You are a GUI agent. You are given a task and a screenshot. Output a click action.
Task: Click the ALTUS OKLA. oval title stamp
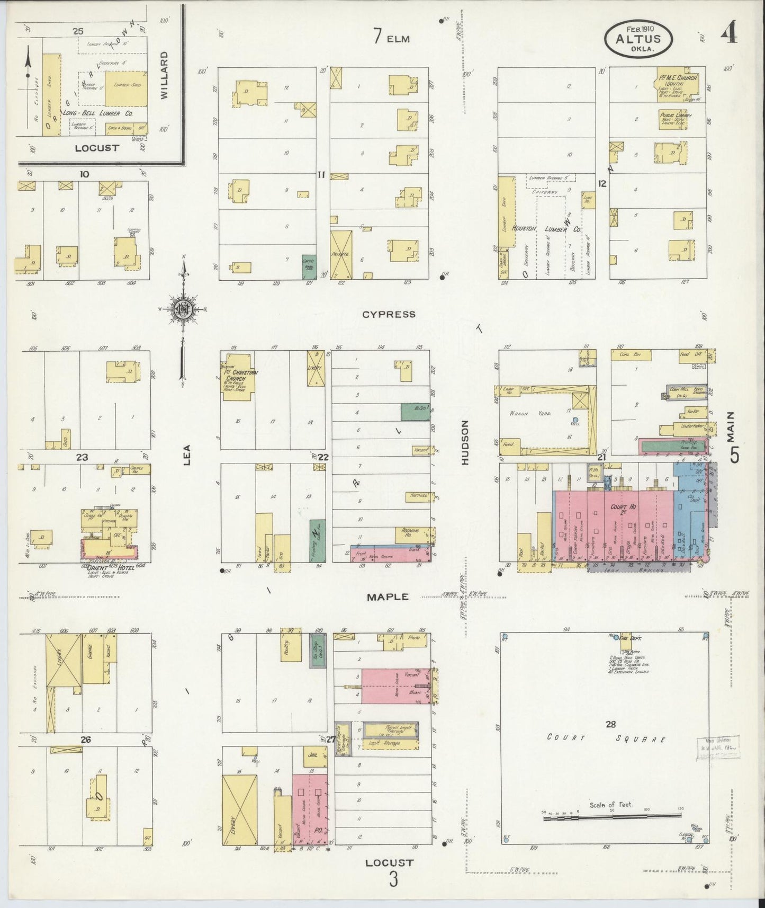pyautogui.click(x=638, y=38)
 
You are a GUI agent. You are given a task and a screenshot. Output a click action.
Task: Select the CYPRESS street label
pyautogui.click(x=389, y=314)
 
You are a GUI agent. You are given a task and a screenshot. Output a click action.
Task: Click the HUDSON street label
pyautogui.click(x=465, y=443)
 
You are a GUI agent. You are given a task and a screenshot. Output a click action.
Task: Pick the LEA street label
pyautogui.click(x=186, y=455)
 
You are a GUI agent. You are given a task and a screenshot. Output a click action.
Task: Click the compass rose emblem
pyautogui.click(x=183, y=311)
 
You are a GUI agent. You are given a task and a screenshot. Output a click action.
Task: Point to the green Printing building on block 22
pyautogui.click(x=317, y=540)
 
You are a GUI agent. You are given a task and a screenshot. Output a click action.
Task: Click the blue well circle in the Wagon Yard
pyautogui.click(x=575, y=420)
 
